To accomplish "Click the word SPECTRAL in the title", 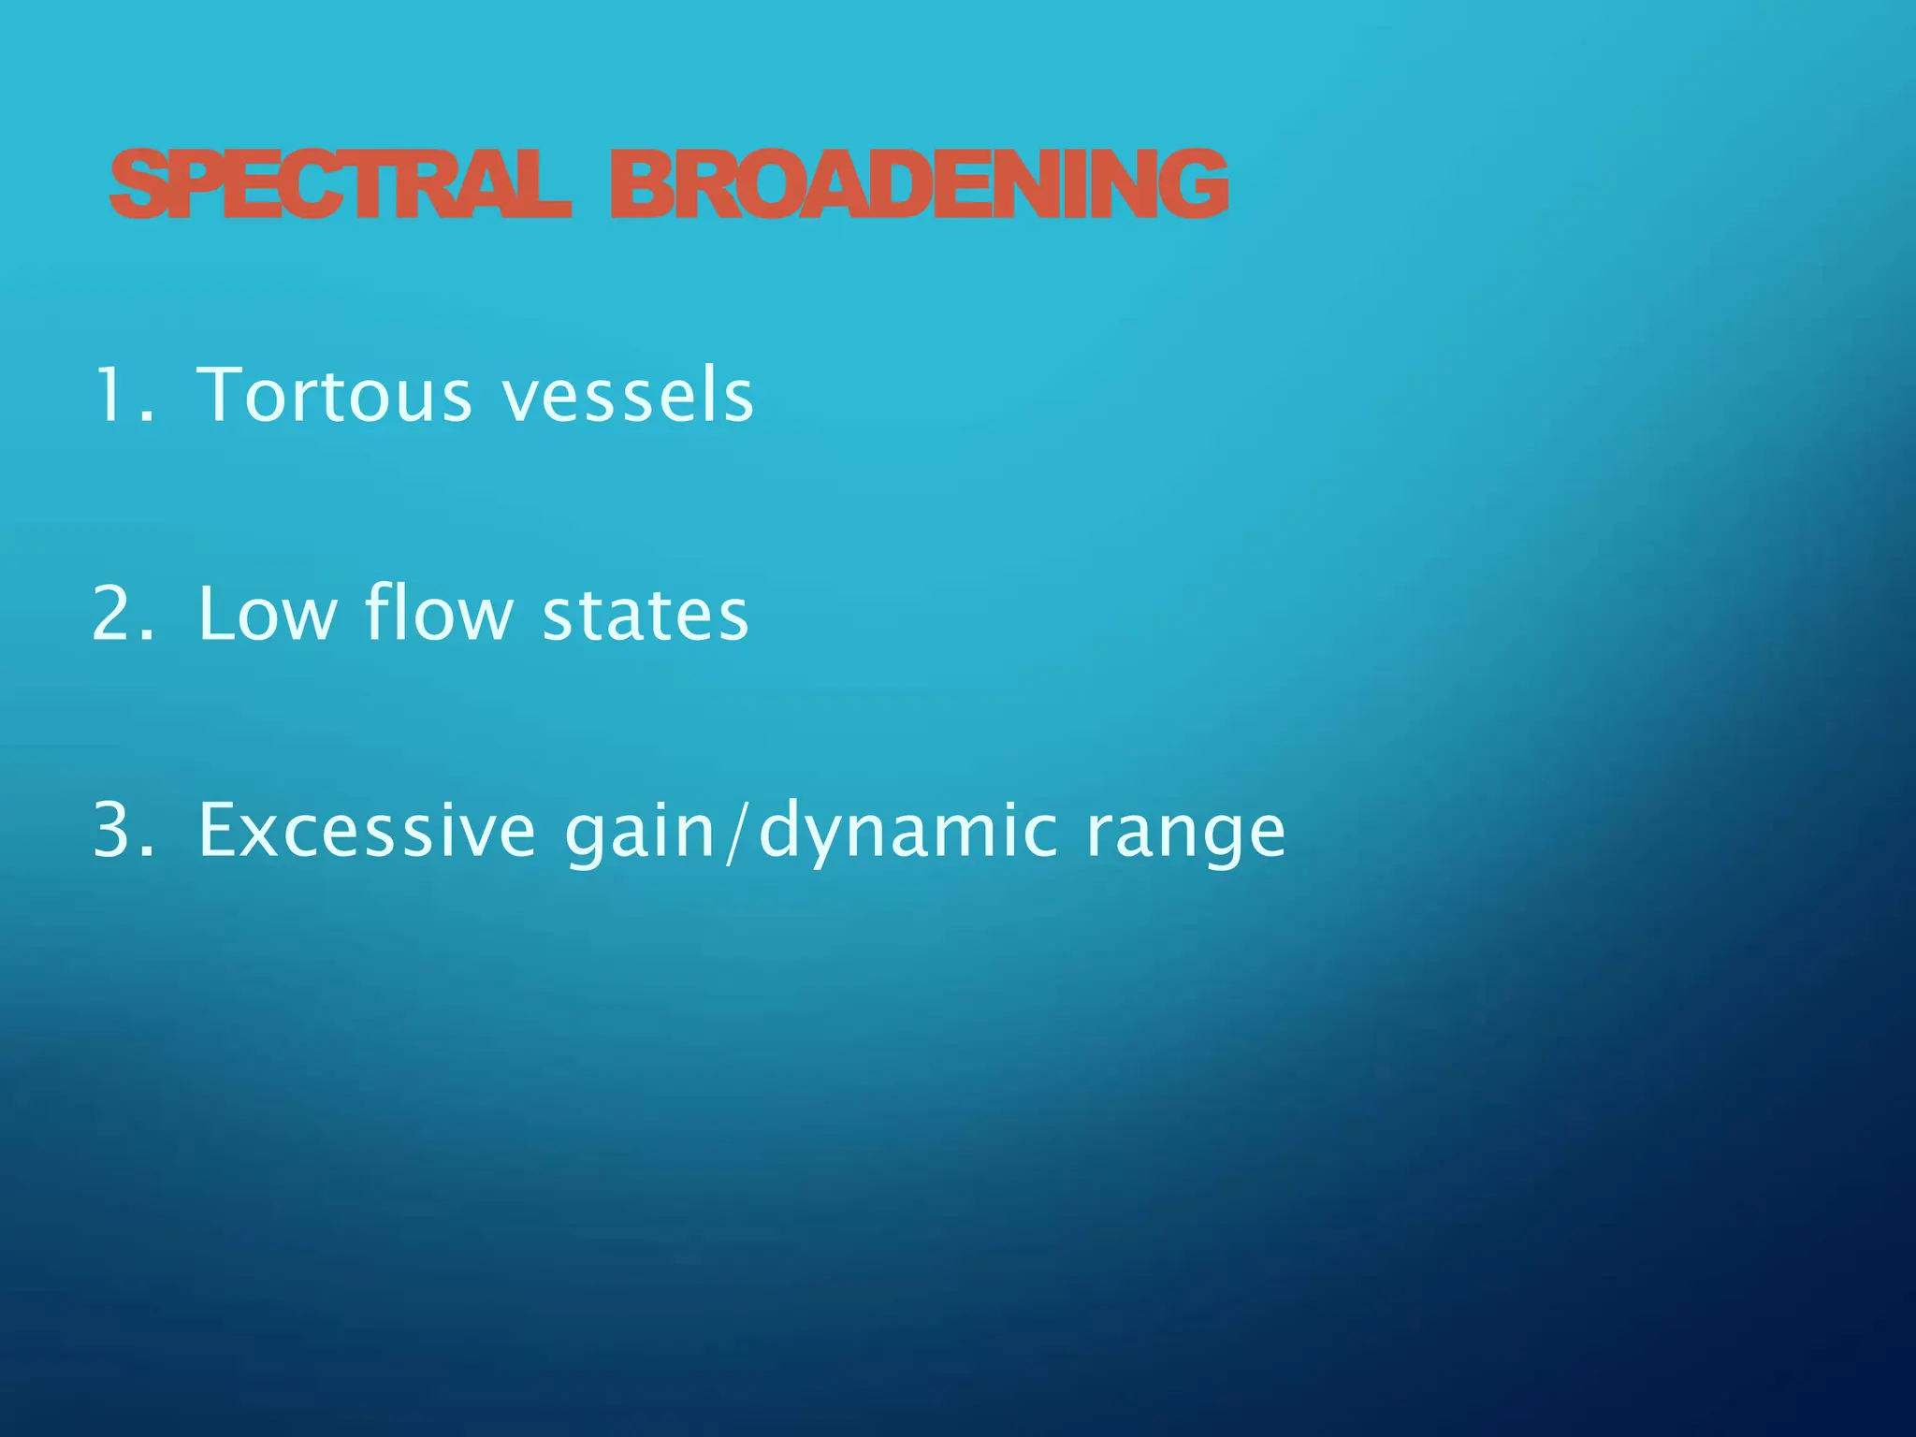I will click(x=339, y=184).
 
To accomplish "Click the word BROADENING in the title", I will click(x=919, y=184).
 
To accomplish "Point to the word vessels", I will click(x=627, y=396).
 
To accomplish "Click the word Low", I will click(x=267, y=614).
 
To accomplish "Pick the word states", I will click(x=646, y=616).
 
